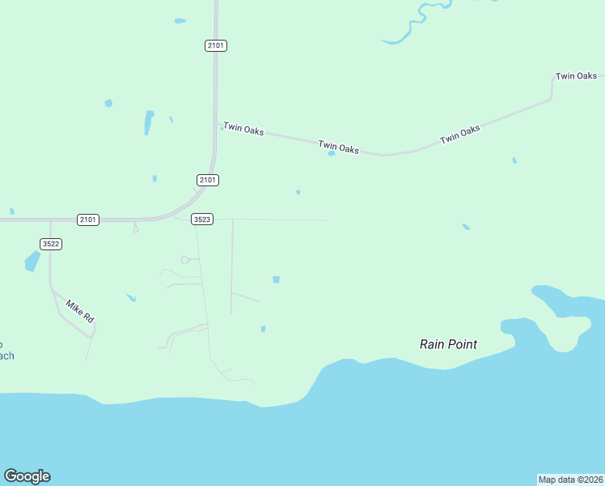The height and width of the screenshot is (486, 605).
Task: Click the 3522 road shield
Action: pyautogui.click(x=51, y=244)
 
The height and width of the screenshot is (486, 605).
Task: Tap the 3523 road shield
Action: pyautogui.click(x=202, y=220)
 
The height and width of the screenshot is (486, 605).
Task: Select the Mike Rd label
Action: pyautogui.click(x=80, y=312)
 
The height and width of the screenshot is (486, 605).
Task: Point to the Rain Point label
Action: pyautogui.click(x=448, y=344)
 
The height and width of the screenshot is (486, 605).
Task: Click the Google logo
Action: pyautogui.click(x=27, y=476)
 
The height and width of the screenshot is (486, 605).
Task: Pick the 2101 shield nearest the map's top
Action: pyautogui.click(x=216, y=46)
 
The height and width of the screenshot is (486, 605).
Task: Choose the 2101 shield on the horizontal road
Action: pyautogui.click(x=88, y=220)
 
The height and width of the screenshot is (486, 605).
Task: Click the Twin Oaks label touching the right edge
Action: pyautogui.click(x=576, y=76)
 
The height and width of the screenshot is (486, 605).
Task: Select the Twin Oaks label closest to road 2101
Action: pyautogui.click(x=243, y=129)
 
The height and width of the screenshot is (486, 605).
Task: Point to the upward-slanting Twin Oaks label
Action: pyautogui.click(x=459, y=134)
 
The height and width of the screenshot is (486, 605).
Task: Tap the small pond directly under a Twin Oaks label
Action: pyautogui.click(x=332, y=153)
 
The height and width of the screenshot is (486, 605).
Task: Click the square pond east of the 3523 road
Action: pyautogui.click(x=276, y=279)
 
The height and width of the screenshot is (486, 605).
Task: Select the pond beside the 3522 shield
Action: pyautogui.click(x=32, y=261)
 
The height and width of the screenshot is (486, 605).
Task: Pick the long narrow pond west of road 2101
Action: pyautogui.click(x=149, y=122)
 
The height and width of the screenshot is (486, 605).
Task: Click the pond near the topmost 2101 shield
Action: pyautogui.click(x=180, y=20)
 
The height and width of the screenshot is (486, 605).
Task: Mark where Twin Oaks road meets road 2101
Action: pyautogui.click(x=216, y=125)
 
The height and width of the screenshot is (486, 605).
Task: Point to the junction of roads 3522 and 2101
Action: pyautogui.click(x=50, y=220)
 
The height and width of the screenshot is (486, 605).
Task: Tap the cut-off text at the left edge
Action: pyautogui.click(x=6, y=349)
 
